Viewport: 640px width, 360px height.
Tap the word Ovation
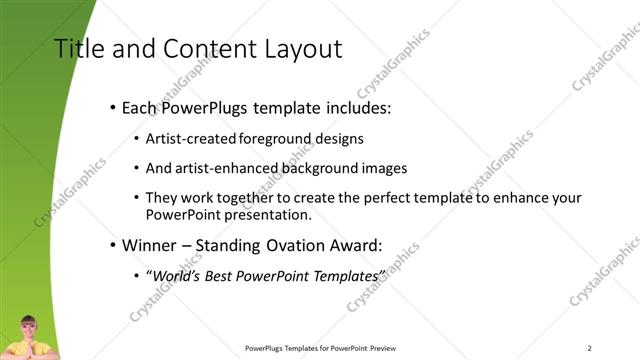tap(294, 244)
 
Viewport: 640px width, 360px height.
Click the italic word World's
tap(177, 275)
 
